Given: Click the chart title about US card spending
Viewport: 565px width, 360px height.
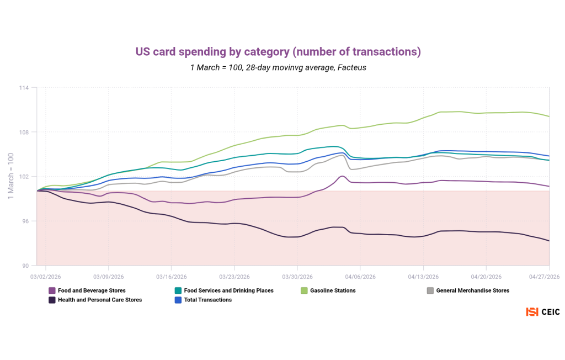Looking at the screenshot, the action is (x=278, y=51).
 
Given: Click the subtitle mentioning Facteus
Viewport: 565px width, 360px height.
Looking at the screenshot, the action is (x=278, y=67).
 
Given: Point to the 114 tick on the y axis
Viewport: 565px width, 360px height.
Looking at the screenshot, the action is (x=24, y=88).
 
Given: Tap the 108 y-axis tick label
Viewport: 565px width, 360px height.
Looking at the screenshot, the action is (x=24, y=132).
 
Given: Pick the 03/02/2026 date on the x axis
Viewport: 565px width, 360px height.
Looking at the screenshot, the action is (x=45, y=277).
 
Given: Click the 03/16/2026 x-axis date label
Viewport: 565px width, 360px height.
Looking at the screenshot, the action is (x=172, y=277).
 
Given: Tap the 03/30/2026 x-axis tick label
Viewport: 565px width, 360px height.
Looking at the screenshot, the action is (x=297, y=277).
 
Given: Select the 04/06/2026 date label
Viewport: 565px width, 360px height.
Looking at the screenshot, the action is (x=360, y=277).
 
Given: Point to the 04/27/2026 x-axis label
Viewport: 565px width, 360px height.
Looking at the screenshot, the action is (x=544, y=277).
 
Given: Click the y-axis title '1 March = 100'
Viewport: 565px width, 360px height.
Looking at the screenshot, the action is (x=11, y=176).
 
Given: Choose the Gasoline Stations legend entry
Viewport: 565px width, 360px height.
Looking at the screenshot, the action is (x=328, y=290).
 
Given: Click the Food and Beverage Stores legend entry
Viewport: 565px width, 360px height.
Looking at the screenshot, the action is (x=87, y=290).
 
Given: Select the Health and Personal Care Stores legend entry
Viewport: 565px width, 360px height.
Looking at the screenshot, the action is (x=95, y=300).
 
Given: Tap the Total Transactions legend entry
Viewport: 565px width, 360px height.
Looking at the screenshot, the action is (x=203, y=300).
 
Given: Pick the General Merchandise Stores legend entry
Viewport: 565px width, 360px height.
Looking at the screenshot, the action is (x=468, y=290).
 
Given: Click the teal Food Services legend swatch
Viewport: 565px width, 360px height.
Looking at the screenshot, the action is (x=178, y=290).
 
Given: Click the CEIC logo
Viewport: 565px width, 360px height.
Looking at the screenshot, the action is (x=543, y=311).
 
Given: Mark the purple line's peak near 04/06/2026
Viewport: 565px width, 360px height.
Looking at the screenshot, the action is (x=342, y=176).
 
